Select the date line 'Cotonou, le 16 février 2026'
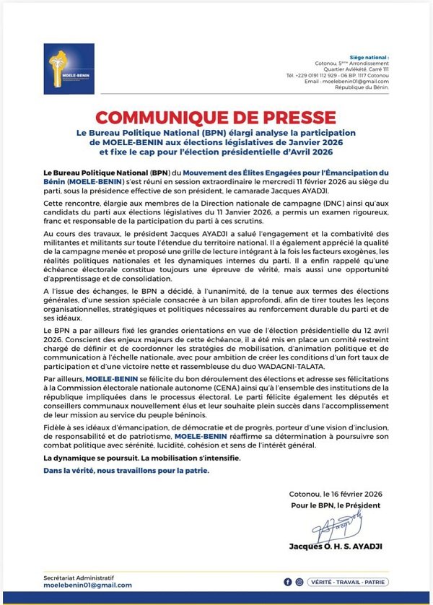click(x=335, y=494)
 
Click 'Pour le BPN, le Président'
click(x=336, y=505)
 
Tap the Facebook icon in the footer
click(x=288, y=581)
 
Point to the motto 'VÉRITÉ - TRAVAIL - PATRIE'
click(x=348, y=581)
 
